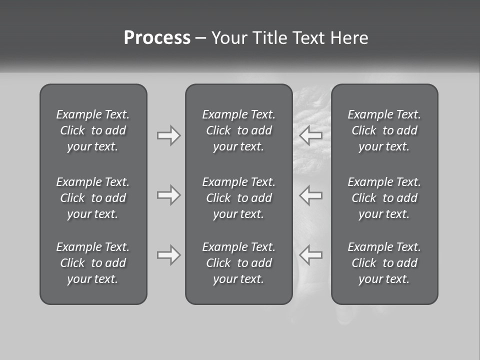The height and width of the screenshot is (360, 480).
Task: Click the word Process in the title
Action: (x=157, y=38)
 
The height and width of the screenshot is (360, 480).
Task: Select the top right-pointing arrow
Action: (x=168, y=135)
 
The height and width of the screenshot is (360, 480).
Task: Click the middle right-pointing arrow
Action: (x=168, y=195)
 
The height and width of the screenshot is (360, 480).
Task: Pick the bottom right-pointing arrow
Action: (x=168, y=255)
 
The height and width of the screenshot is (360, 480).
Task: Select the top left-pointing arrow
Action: (x=310, y=135)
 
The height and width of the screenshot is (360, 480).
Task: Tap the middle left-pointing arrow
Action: (x=310, y=195)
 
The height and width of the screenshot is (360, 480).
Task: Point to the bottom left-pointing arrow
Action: (x=310, y=255)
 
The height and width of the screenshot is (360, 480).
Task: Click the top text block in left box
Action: (x=93, y=130)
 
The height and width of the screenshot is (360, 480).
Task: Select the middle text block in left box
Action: (x=93, y=198)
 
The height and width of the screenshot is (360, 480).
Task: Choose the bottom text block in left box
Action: (x=93, y=263)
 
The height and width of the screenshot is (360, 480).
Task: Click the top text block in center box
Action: (x=238, y=130)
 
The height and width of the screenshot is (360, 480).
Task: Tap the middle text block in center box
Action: (x=238, y=198)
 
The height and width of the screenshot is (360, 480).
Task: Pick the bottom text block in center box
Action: (x=238, y=263)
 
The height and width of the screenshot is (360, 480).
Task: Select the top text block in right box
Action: (x=384, y=130)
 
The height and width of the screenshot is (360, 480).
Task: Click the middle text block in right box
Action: (x=384, y=198)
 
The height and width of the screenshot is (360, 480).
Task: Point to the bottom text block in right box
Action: (x=384, y=263)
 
